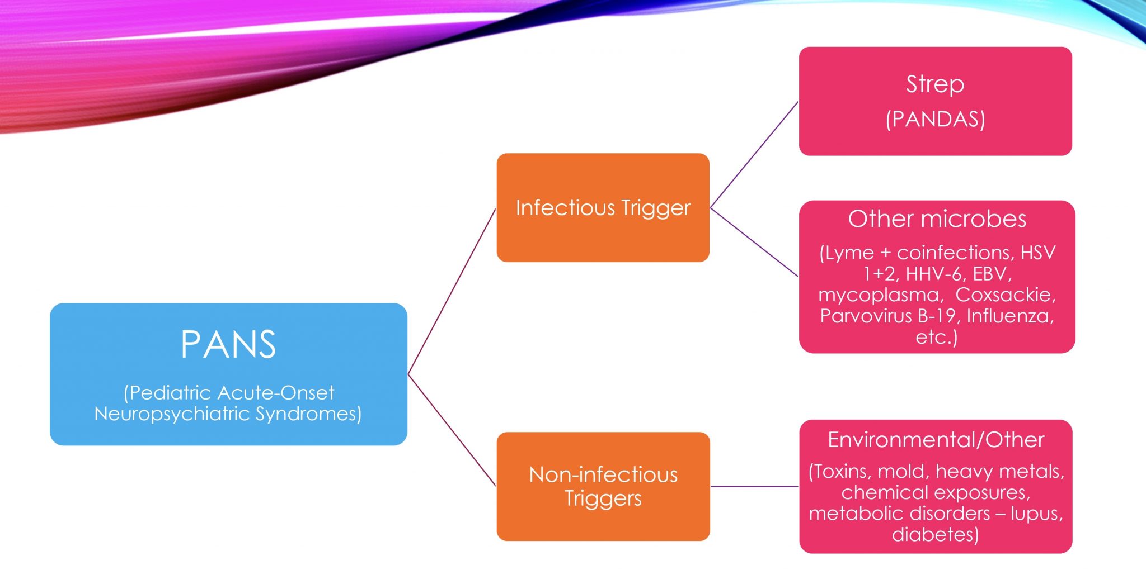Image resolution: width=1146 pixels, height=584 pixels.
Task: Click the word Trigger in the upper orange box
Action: coord(656,208)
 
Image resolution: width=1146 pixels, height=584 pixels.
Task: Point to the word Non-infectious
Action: coord(603,475)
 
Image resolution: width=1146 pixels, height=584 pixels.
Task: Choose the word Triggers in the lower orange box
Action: coord(603,498)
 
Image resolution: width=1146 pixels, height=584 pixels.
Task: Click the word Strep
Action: coord(935,84)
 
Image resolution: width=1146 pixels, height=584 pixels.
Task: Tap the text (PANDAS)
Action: coord(935,120)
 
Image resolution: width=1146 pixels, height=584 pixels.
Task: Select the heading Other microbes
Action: coord(937,219)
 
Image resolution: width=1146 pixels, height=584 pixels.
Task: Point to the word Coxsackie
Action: coord(1006,295)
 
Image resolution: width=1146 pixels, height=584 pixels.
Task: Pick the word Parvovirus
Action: coord(866,316)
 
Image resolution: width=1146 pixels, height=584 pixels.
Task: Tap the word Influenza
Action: coord(1010,316)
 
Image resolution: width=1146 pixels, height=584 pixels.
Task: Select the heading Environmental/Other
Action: coord(936,440)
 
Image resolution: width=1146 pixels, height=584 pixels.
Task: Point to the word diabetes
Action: coord(935,535)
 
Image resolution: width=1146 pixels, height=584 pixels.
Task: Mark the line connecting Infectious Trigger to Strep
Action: coord(754,155)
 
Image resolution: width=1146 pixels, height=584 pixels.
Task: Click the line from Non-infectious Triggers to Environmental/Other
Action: coord(754,486)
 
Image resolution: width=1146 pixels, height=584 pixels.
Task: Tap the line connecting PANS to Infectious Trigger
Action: coord(452,291)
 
